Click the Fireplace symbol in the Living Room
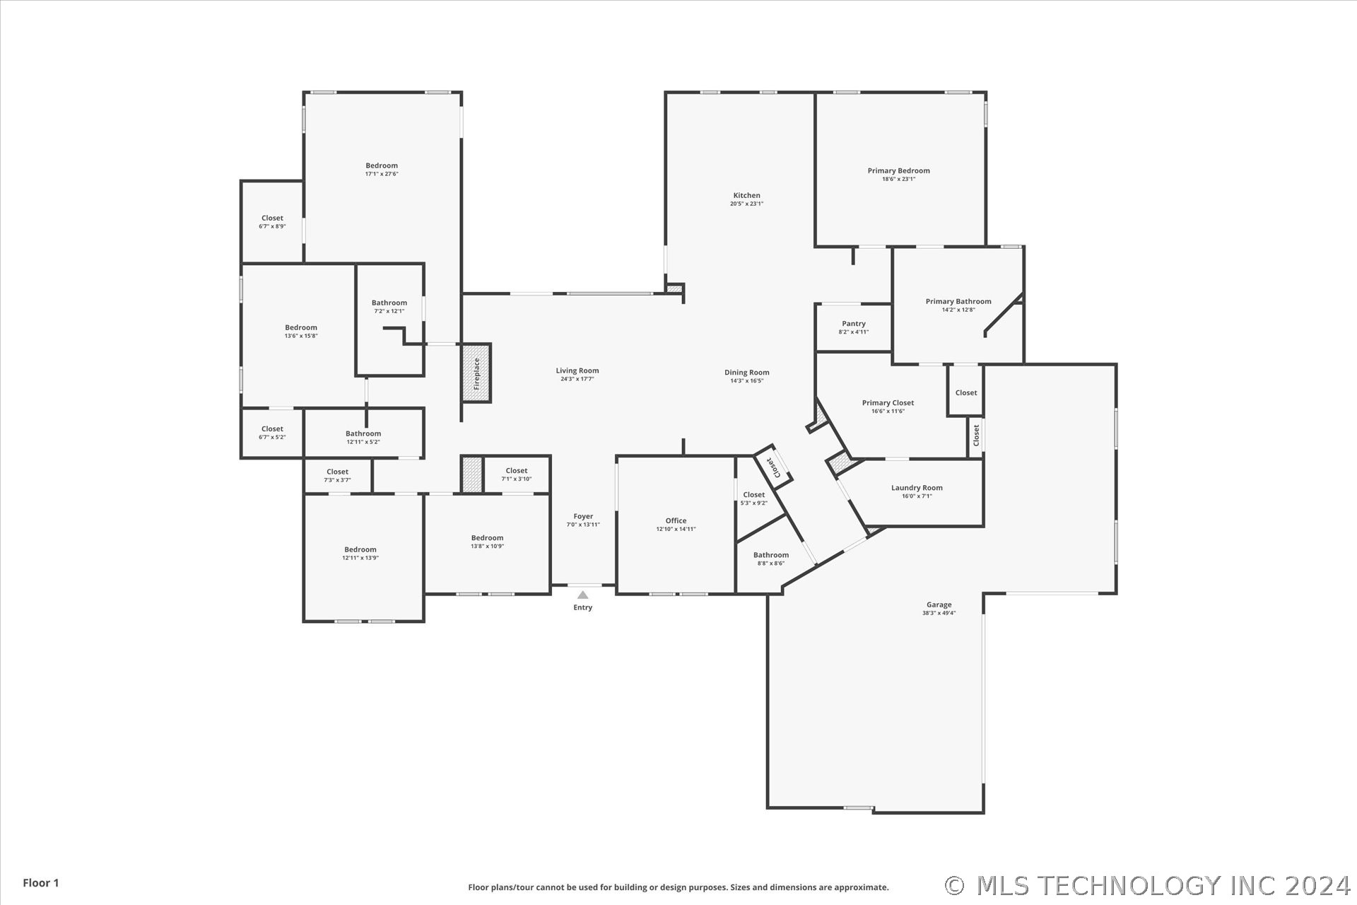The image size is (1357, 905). (x=476, y=373)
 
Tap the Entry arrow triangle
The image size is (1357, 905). (x=582, y=595)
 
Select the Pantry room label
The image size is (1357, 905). (x=854, y=324)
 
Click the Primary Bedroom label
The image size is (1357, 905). (x=898, y=170)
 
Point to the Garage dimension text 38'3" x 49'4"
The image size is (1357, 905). (x=939, y=613)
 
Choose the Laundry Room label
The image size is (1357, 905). (x=917, y=488)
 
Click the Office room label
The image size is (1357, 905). (x=676, y=521)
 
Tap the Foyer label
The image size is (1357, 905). (x=583, y=517)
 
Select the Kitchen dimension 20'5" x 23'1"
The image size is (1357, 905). (x=746, y=204)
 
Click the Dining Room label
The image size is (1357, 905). (x=746, y=373)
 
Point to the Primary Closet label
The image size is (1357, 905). (x=888, y=403)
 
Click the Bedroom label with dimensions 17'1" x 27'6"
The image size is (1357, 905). (x=382, y=166)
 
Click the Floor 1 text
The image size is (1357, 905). (x=41, y=883)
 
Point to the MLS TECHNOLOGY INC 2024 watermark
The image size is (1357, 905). (x=1148, y=886)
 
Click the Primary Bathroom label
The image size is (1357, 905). (x=958, y=302)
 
